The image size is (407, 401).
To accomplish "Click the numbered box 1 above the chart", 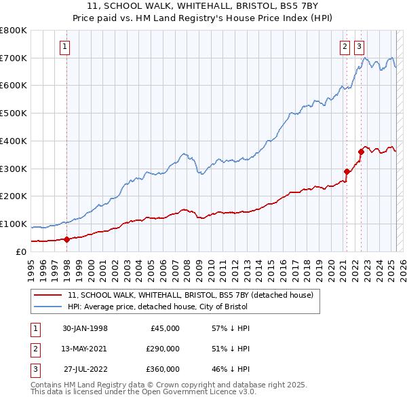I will coord(64,47).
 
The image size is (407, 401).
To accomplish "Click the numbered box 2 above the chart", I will coord(345,47).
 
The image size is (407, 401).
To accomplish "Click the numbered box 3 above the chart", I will coord(358,47).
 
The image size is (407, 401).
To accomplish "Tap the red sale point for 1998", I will coord(67,239).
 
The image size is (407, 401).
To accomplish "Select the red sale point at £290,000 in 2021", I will coord(347,171).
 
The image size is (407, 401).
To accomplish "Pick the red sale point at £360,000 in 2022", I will coord(361,152).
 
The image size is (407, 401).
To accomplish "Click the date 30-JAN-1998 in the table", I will coord(85,328).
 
